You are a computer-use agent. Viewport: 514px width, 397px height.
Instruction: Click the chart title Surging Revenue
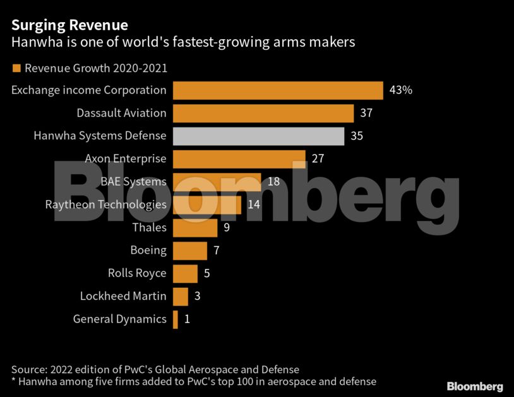coord(69,25)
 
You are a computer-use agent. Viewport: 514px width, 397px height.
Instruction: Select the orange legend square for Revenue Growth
coord(16,68)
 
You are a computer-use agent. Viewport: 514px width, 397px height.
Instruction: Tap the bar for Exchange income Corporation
coord(278,90)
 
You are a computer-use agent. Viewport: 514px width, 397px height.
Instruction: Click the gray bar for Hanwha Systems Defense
coord(258,136)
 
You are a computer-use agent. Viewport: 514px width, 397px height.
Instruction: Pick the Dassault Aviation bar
coord(263,113)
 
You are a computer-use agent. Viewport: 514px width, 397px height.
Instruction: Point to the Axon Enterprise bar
coord(239,158)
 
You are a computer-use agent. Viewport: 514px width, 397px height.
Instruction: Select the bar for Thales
coord(194,227)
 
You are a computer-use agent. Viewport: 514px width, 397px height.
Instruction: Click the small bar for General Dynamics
coord(175,319)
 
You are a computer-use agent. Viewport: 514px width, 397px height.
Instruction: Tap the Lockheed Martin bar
coord(180,296)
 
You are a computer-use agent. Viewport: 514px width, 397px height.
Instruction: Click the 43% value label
coord(401,90)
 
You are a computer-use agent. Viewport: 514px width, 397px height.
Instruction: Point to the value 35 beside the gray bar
coord(357,136)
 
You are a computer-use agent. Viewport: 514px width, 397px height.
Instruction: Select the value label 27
coord(318,158)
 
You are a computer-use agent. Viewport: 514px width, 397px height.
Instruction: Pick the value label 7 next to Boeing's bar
coord(216,251)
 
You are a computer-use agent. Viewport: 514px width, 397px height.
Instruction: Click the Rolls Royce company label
coord(137,273)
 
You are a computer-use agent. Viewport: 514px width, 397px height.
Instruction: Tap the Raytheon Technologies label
coord(105,204)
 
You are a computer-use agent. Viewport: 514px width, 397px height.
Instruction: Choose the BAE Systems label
coord(133,182)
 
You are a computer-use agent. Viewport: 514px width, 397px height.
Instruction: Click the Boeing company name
coord(148,251)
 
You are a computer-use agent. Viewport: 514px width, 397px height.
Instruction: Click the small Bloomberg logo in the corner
coord(475,386)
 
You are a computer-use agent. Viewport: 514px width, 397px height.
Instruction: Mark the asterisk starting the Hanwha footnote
coord(14,381)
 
